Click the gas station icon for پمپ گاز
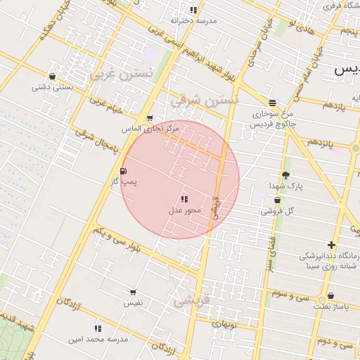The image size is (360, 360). click(124, 171)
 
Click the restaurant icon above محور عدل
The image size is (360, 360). click(184, 200)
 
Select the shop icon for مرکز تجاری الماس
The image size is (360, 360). click(150, 118)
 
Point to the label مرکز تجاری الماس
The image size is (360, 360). click(150, 129)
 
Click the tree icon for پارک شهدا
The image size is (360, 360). click(285, 175)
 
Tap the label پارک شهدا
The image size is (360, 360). click(285, 186)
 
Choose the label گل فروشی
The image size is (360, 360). click(278, 210)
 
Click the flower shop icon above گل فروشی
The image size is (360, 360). click(278, 200)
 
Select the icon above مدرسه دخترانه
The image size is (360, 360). click(193, 10)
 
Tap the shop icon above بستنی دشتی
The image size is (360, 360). click(52, 77)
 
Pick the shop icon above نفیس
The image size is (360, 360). click(133, 292)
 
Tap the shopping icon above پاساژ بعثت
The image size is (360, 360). click(330, 296)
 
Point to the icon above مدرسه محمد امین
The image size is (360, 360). click(98, 328)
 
